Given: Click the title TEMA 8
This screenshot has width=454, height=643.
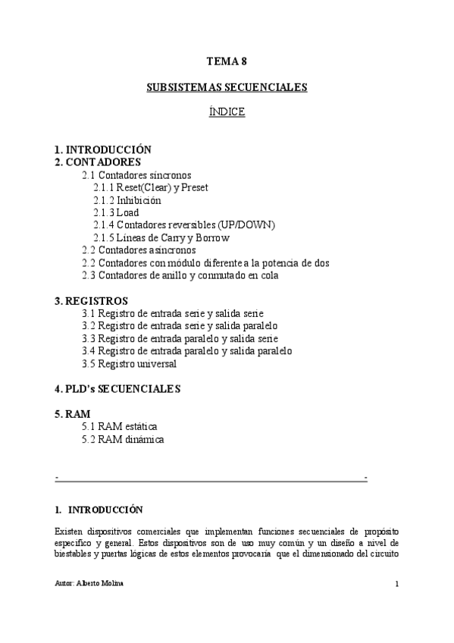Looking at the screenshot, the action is (x=227, y=63).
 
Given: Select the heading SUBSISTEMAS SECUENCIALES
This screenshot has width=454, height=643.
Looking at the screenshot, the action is (x=227, y=87).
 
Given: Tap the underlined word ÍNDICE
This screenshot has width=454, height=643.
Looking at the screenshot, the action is (x=227, y=111).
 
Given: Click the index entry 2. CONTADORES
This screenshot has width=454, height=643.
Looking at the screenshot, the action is (x=98, y=162).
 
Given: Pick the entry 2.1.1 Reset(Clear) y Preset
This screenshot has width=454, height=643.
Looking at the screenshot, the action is (x=151, y=187).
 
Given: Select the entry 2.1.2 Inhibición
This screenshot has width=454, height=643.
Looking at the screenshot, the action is (x=127, y=200).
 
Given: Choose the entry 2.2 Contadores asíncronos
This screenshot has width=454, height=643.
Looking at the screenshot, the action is (x=139, y=250).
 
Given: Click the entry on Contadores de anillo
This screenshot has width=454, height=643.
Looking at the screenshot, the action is (x=180, y=275).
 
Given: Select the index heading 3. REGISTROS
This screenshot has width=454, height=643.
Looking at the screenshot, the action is (x=91, y=301).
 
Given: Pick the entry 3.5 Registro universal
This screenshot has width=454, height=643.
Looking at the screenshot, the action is (x=129, y=363).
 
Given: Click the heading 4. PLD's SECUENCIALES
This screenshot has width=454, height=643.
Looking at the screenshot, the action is (x=117, y=389).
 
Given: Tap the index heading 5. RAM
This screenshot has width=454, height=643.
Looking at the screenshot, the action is (x=73, y=414).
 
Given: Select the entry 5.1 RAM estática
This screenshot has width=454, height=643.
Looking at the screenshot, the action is (x=120, y=426).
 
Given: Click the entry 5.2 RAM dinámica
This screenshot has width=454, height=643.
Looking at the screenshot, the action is (x=123, y=439).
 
